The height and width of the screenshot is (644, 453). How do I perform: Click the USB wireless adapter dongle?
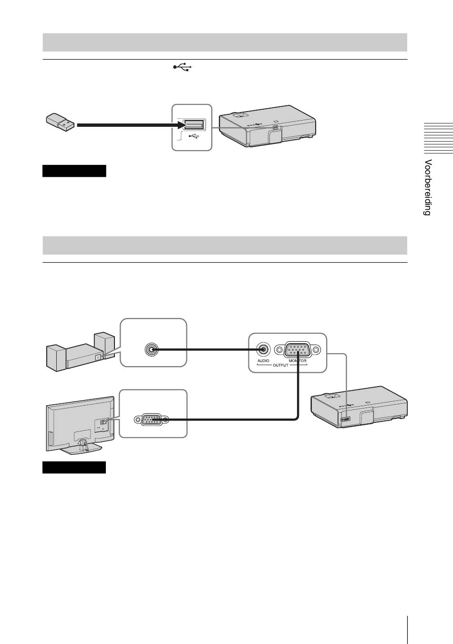[x=60, y=122]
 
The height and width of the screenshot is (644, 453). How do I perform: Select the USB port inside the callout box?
[x=194, y=125]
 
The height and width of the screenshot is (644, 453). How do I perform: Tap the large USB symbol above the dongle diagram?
[x=182, y=68]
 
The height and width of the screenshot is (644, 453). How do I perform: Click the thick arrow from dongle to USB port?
[x=129, y=125]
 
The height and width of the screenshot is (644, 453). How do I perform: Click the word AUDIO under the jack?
[x=263, y=361]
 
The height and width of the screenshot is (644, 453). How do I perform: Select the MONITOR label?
[x=298, y=361]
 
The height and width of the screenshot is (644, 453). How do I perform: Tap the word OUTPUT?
[x=280, y=365]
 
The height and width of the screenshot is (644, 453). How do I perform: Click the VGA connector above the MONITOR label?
[x=298, y=349]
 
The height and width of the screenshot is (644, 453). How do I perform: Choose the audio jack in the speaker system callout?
[x=151, y=349]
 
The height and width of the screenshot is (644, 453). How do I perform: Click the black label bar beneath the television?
[x=74, y=467]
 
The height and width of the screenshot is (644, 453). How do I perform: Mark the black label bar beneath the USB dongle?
[x=74, y=171]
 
